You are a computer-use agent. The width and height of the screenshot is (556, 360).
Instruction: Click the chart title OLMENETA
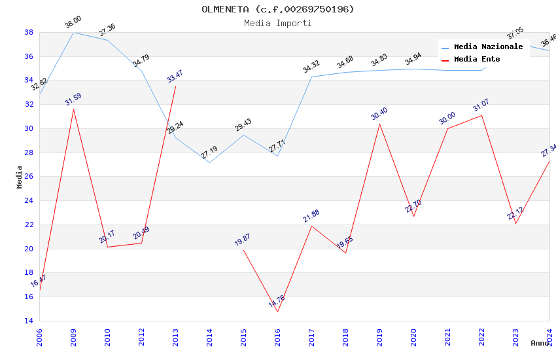point(277,9)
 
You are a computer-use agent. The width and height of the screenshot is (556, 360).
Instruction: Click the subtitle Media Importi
point(277,23)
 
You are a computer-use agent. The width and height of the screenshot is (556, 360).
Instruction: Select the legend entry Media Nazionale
point(488,46)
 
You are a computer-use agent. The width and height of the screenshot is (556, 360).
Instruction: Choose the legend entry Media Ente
point(477,59)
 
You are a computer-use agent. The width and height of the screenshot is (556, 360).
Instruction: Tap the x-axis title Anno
point(540,343)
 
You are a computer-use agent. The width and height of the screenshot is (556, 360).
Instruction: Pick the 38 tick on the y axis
point(29,32)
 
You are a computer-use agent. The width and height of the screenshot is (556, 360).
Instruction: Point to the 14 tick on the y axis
point(29,321)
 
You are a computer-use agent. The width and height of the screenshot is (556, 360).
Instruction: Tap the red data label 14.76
point(277,302)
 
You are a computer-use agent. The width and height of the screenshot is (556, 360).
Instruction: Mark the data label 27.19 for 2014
point(209,153)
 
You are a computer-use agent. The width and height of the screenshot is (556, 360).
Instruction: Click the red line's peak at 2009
point(73,109)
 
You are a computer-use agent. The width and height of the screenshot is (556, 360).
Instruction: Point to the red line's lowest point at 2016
point(277,312)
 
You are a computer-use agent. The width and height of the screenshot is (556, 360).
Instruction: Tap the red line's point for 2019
point(379,124)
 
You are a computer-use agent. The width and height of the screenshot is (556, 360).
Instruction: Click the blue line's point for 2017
point(311,77)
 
